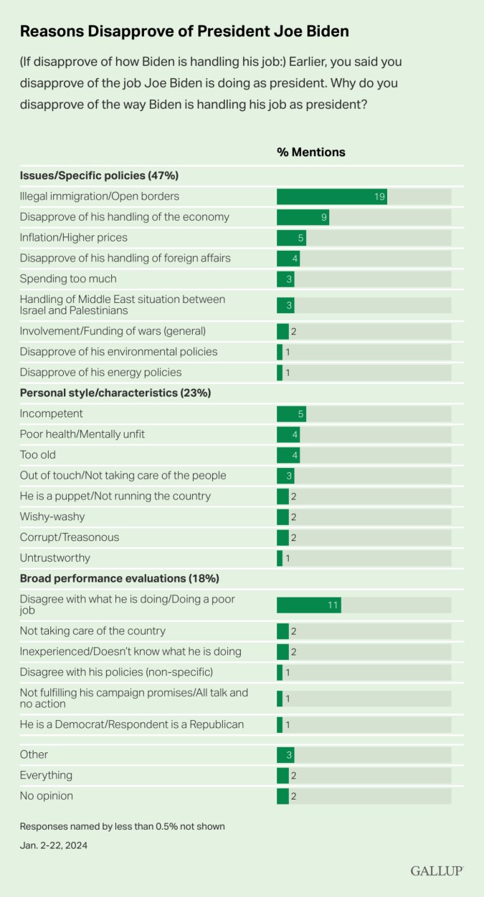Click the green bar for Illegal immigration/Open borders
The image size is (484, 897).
331,196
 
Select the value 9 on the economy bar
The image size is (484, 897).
323,217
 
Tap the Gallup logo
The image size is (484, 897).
437,870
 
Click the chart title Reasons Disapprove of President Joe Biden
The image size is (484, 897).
184,32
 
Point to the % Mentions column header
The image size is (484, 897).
311,152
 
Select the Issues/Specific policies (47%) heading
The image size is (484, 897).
99,176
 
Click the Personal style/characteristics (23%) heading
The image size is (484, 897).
115,393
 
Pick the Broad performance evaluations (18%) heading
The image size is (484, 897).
119,578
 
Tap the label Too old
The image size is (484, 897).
38,455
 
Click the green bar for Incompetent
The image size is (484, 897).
291,413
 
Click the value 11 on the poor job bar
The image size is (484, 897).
332,605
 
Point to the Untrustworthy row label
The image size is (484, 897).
55,558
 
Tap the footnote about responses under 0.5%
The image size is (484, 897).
122,826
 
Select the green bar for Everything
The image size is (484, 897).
283,775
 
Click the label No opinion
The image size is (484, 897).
47,796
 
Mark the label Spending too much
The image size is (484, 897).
68,279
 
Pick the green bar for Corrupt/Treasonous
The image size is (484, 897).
283,537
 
